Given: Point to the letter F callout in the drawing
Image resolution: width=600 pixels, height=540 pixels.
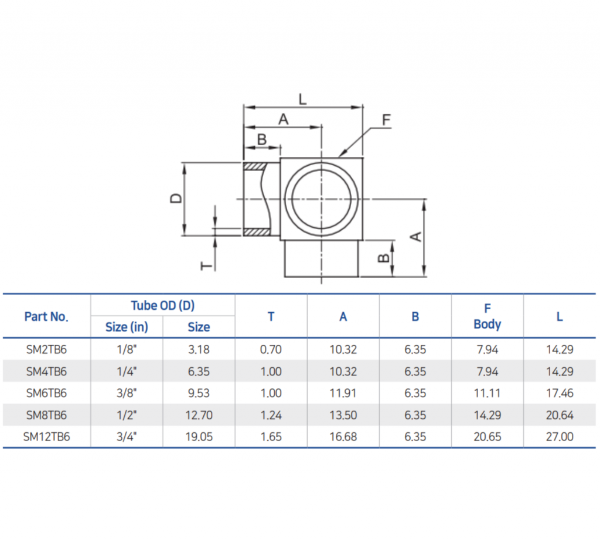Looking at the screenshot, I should click(x=386, y=120).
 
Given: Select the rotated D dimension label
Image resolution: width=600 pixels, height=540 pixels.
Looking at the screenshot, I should click(x=175, y=199).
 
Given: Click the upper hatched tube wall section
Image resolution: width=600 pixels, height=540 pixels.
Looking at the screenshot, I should click(x=255, y=166).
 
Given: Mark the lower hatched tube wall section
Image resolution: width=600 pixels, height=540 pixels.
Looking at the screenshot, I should click(x=255, y=231).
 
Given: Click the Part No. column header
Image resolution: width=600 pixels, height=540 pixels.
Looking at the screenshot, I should click(x=46, y=317).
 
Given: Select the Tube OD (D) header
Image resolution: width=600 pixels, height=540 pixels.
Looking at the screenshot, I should click(x=162, y=305).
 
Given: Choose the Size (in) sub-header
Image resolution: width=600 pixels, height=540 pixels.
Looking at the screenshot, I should click(x=127, y=327).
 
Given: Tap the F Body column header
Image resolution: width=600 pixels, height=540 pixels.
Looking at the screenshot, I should click(x=487, y=316).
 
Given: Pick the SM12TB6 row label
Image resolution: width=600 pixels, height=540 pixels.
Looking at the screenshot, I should click(x=47, y=436).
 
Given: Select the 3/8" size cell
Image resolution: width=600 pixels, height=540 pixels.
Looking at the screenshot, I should click(x=127, y=393).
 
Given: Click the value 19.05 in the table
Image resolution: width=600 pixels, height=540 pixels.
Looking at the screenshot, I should click(x=199, y=436).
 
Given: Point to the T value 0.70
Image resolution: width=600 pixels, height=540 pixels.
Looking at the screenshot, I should click(x=271, y=350).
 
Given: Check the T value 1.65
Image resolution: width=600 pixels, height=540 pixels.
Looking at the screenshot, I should click(x=271, y=436).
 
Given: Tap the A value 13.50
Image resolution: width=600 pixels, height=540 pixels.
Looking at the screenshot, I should click(x=343, y=415).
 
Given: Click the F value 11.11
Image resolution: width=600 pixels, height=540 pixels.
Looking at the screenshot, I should click(x=487, y=393).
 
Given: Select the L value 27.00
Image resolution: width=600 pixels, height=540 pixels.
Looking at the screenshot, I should click(x=560, y=436).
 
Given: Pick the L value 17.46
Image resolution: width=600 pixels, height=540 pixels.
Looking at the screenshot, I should click(x=560, y=393).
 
